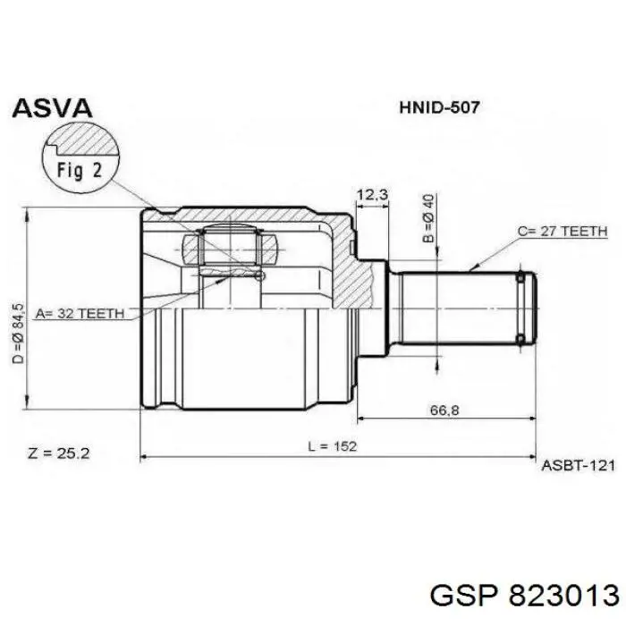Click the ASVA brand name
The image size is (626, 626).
(x=52, y=108)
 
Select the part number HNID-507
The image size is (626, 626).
(x=439, y=107)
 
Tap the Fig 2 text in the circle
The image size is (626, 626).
(x=80, y=171)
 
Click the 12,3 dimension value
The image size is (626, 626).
(x=372, y=195)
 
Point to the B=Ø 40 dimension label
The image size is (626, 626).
(x=428, y=218)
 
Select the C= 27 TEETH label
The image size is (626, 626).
(x=563, y=231)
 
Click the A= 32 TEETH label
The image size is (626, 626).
(x=80, y=313)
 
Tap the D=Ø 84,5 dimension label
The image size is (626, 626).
(x=18, y=334)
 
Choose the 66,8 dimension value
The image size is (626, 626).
(x=444, y=410)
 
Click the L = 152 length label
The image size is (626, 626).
(x=332, y=446)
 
